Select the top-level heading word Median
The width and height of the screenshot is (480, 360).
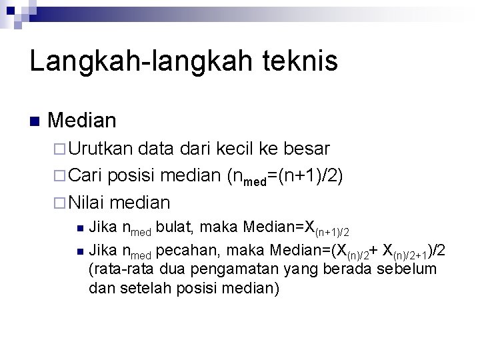coord(83,121)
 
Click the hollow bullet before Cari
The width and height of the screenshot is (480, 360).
coord(59,175)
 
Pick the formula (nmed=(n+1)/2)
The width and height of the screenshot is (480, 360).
coord(285,176)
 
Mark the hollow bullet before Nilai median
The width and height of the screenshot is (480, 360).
coord(59,202)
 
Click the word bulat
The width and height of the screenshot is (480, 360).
coord(175,228)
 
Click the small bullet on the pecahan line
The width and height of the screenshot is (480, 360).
coord(79,251)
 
